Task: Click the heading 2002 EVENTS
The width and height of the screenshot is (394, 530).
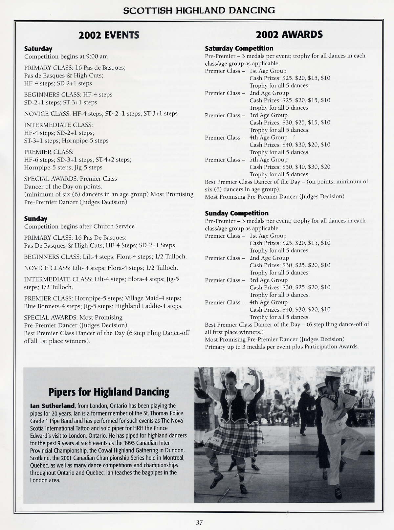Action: pos(109,35)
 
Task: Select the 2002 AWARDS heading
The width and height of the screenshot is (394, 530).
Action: pos(289,34)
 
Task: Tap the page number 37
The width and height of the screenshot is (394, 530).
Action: pos(199,522)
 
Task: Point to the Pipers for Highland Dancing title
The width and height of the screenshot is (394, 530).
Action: pos(109,392)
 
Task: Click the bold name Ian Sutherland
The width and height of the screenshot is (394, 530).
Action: pos(52,406)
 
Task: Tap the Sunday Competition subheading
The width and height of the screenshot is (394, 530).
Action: pos(237,213)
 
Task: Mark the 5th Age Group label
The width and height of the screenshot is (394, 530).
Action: pos(268,160)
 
